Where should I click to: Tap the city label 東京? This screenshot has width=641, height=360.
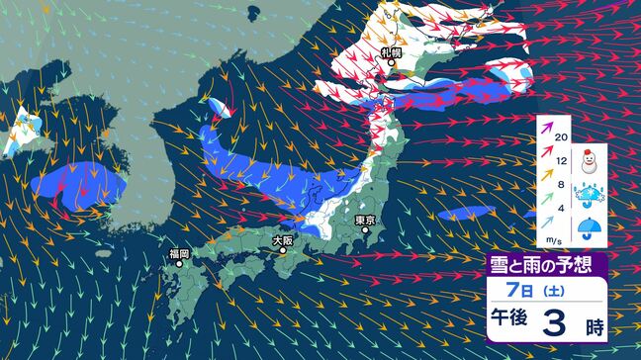pyautogui.click(x=367, y=220)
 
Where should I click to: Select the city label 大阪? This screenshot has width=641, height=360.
pyautogui.click(x=283, y=239)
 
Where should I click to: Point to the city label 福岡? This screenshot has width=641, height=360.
pyautogui.click(x=178, y=254)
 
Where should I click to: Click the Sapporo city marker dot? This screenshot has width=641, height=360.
pyautogui.click(x=392, y=63)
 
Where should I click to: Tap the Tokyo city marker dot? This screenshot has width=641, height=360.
pyautogui.click(x=368, y=233)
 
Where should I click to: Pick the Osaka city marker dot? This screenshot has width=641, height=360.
pyautogui.click(x=283, y=251)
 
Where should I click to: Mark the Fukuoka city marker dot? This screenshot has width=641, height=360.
pyautogui.click(x=178, y=266)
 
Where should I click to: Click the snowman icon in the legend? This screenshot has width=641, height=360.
pyautogui.click(x=591, y=157)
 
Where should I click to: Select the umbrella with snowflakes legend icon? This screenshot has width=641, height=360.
pyautogui.click(x=591, y=195)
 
